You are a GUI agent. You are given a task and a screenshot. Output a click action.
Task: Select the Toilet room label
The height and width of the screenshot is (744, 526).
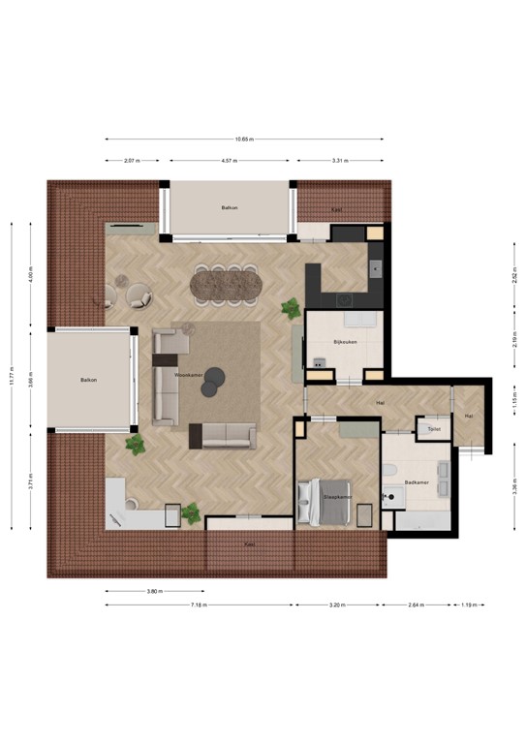tap(432, 427)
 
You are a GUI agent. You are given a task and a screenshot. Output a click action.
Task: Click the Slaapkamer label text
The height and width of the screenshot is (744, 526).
tap(337, 496)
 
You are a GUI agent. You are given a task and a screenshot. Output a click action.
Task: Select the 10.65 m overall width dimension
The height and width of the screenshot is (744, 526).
tap(244, 139)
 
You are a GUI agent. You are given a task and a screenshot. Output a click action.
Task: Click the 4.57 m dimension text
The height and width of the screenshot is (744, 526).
tap(231, 160)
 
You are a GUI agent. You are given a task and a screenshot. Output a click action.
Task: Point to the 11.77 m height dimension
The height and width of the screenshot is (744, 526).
tap(12, 377)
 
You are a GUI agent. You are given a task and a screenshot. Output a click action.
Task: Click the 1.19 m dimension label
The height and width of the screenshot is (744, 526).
tap(469, 605)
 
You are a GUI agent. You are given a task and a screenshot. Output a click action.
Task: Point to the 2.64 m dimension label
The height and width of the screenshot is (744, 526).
tap(417, 605)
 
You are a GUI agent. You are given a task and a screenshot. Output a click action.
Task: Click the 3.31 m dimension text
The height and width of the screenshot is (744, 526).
tap(339, 160)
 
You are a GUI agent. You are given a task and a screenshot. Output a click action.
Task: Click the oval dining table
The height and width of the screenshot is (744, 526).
tap(225, 284)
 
